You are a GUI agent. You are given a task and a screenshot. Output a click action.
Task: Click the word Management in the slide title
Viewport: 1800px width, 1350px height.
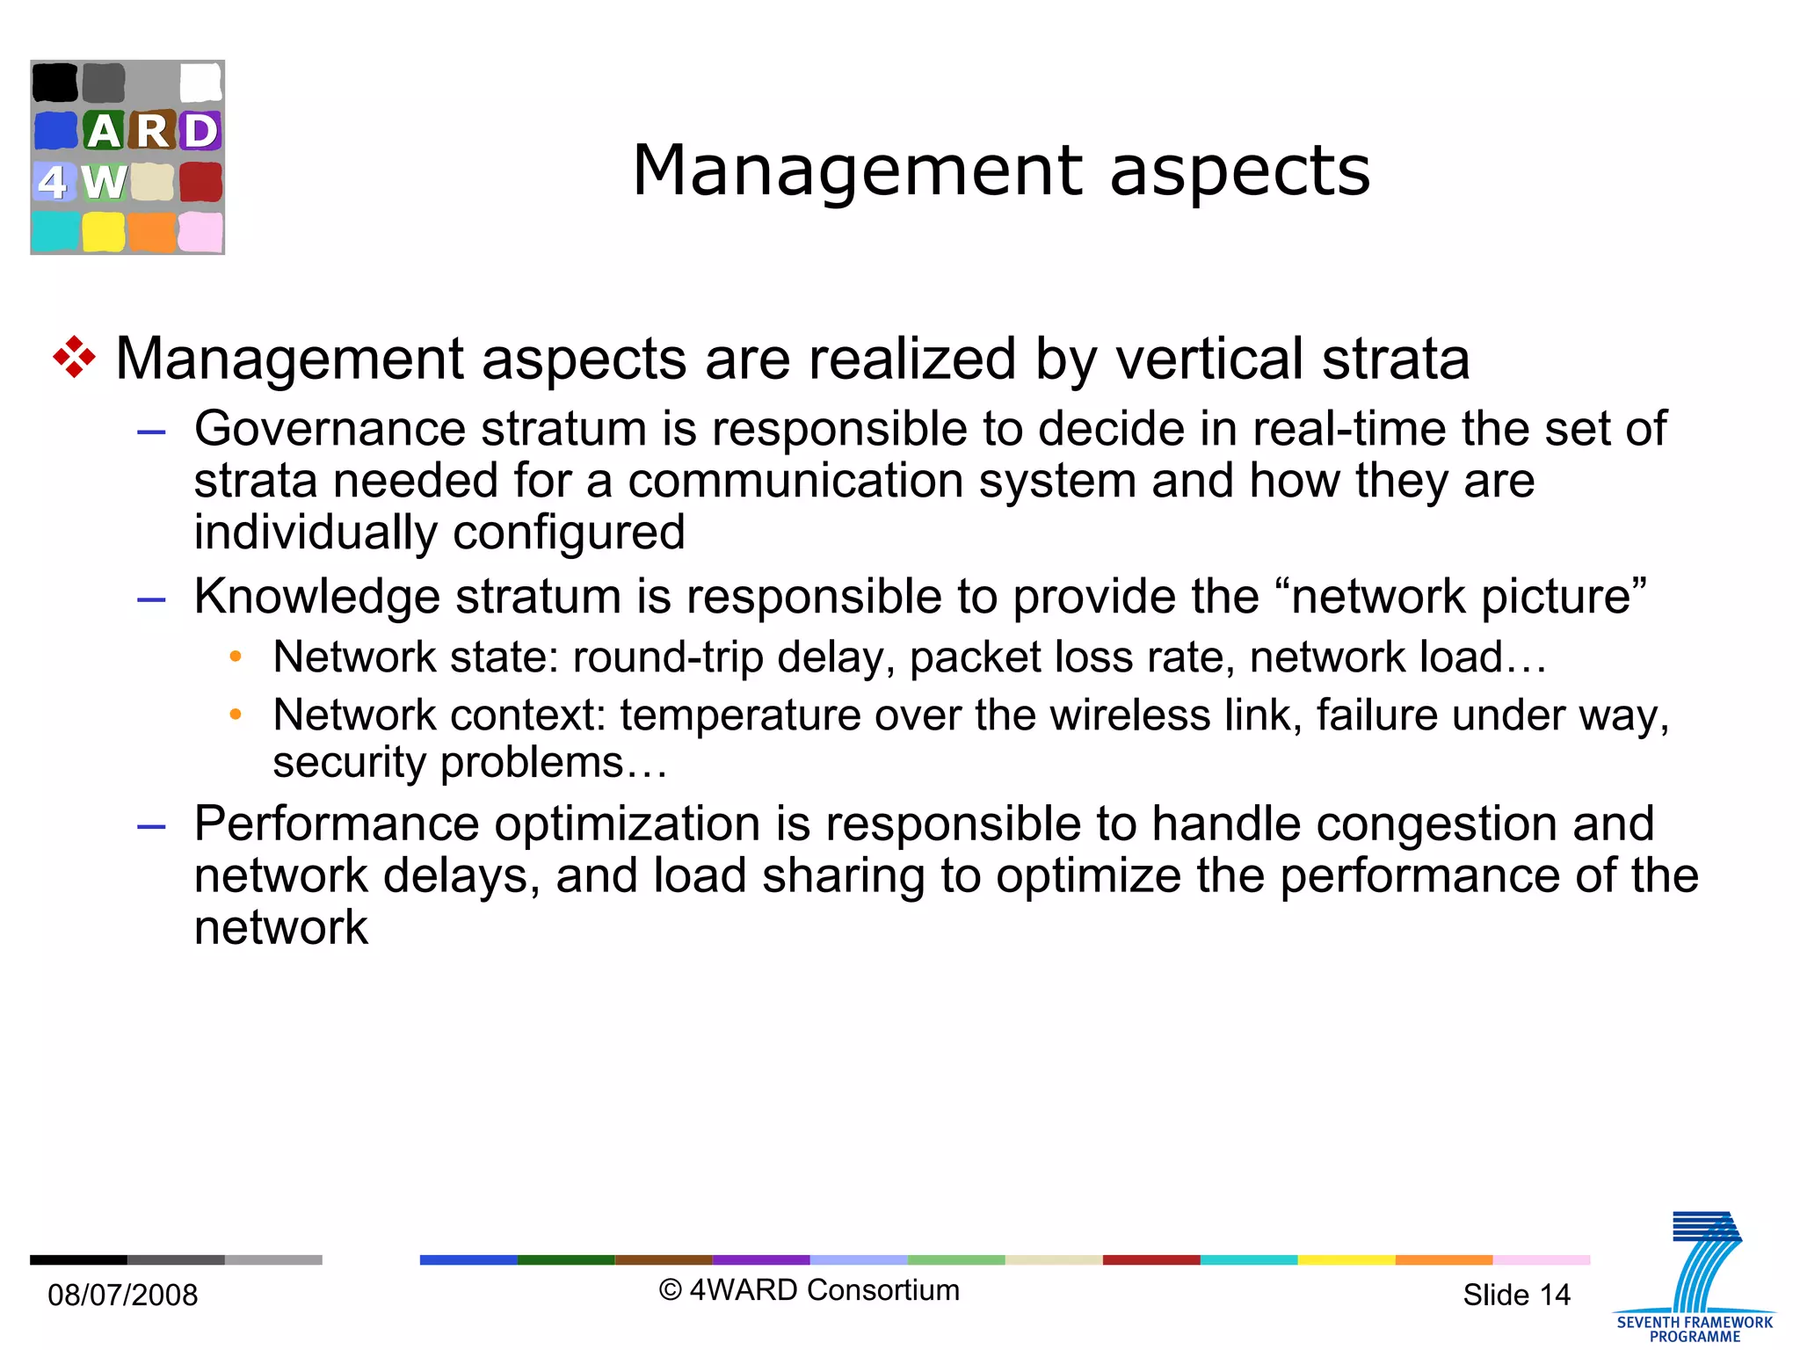[x=858, y=171]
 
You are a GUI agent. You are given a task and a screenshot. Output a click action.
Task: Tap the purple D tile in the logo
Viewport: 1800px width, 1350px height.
[x=200, y=131]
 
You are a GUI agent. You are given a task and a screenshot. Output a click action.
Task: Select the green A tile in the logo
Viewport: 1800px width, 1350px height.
[x=104, y=131]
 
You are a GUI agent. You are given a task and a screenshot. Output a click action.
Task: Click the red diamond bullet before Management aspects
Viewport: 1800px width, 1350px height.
[x=74, y=358]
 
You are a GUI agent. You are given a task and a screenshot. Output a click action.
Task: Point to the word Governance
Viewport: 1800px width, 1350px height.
[x=330, y=429]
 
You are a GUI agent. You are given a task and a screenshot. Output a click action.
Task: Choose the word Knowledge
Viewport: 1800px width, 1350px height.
[x=316, y=596]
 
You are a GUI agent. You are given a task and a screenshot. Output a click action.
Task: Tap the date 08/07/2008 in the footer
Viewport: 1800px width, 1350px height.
[x=123, y=1295]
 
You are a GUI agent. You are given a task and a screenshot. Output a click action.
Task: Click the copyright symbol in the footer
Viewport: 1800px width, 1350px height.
[x=671, y=1290]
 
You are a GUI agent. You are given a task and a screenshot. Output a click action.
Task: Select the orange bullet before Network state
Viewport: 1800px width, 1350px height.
[x=235, y=657]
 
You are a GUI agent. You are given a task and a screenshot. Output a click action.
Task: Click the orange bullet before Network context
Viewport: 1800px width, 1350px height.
[x=235, y=715]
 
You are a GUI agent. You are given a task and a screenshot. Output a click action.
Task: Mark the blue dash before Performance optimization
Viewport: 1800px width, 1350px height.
[x=151, y=826]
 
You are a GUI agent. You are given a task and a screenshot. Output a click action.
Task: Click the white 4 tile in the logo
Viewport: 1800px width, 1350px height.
[x=53, y=182]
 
